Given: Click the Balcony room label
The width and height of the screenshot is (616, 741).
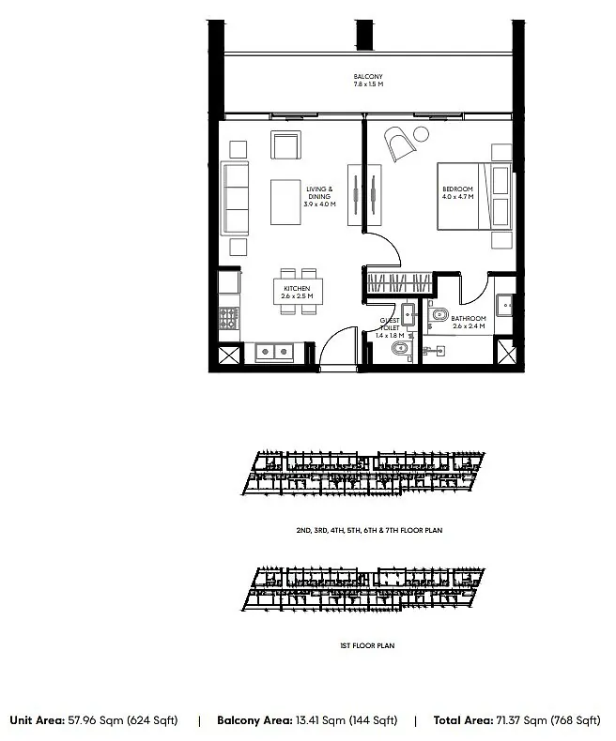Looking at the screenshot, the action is [x=368, y=77].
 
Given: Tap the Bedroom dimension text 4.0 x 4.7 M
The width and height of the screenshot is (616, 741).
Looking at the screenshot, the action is [x=458, y=197].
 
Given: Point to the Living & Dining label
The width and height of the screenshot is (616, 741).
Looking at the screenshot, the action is [x=319, y=193].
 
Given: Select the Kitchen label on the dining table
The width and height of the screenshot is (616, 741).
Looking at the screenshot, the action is [x=297, y=288].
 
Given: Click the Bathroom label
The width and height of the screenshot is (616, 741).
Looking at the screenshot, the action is [x=469, y=319].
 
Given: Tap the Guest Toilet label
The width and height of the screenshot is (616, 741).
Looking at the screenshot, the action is [x=390, y=325].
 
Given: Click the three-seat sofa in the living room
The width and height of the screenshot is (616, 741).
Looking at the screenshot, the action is [x=235, y=198].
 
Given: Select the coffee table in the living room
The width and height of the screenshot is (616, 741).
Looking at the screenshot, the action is [x=285, y=203].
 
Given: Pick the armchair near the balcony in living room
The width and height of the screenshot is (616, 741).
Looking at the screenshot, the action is [x=285, y=145].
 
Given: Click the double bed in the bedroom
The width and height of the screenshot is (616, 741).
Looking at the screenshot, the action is [x=474, y=197].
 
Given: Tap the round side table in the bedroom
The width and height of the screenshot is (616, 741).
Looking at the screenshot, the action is [x=421, y=134].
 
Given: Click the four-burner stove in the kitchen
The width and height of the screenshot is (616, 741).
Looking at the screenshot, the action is [x=229, y=318].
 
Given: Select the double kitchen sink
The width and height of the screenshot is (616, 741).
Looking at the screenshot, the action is [x=274, y=352].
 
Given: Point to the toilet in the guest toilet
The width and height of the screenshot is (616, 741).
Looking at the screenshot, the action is [x=401, y=349].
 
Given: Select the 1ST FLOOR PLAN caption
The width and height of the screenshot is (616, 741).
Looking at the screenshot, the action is [x=367, y=645].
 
